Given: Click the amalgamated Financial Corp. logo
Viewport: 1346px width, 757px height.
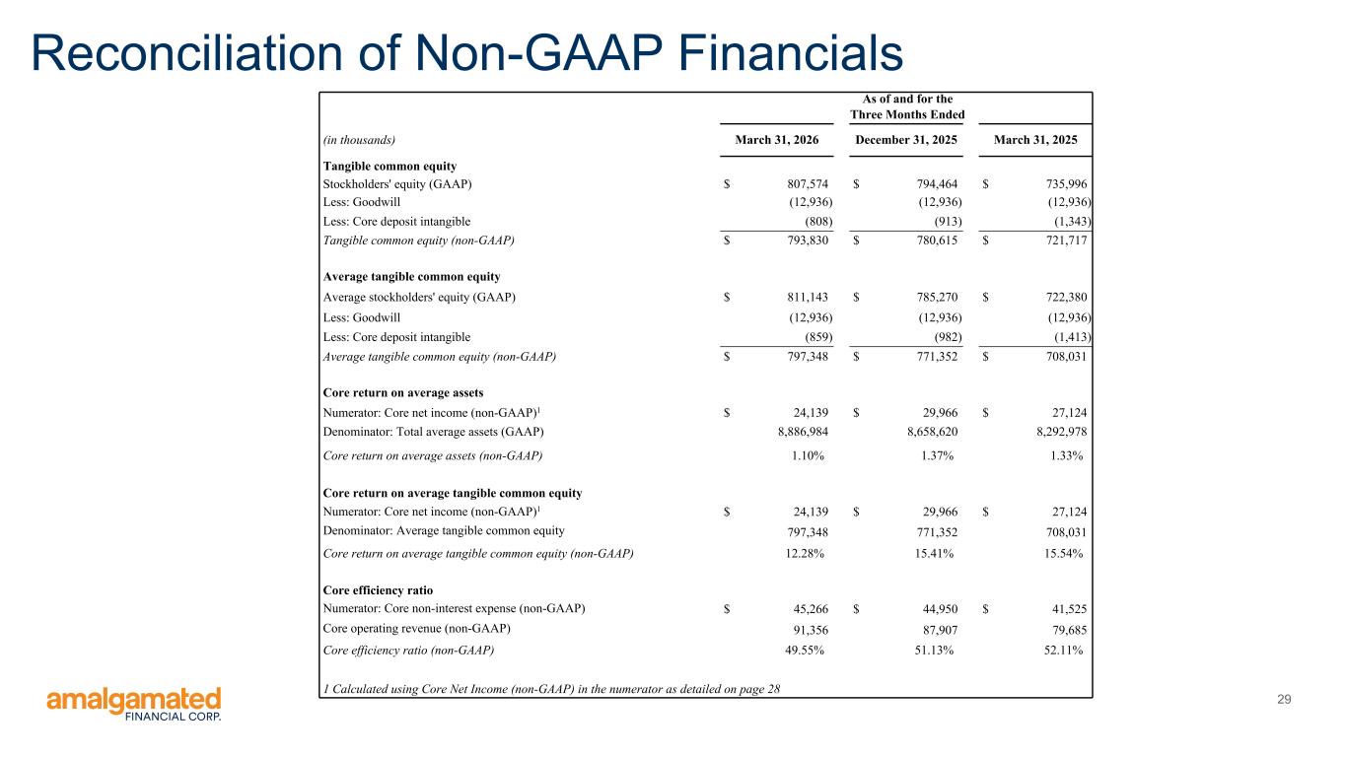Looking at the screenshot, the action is click(134, 704).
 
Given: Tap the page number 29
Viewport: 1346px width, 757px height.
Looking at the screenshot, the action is click(1284, 699).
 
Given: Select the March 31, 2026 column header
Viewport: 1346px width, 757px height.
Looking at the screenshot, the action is click(776, 140).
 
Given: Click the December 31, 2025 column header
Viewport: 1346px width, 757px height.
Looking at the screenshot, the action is click(905, 140).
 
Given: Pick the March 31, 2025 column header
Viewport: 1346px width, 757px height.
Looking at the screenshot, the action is click(1035, 140).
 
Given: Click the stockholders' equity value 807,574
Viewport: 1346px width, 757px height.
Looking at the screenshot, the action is click(808, 184).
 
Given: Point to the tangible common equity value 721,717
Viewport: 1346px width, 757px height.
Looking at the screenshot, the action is click(1067, 241).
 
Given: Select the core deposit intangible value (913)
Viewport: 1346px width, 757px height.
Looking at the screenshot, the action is click(948, 222).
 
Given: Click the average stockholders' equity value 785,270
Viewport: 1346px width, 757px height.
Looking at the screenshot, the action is click(938, 297).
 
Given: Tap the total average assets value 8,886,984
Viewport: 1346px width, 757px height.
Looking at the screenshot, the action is click(803, 432).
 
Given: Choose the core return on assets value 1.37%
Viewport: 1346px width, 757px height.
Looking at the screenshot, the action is click(937, 455).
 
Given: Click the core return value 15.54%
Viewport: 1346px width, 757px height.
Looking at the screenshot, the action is click(1064, 553).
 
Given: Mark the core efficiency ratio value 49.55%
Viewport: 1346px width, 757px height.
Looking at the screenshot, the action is click(805, 651).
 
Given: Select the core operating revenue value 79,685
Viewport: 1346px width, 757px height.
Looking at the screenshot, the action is click(1069, 630).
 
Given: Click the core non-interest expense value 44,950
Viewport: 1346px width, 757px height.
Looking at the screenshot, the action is click(940, 608).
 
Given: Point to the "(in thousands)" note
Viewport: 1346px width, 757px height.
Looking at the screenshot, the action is click(359, 140).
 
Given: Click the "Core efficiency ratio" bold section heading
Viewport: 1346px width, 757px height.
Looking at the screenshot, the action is click(378, 590).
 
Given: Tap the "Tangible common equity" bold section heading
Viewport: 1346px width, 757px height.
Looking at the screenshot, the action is click(390, 166).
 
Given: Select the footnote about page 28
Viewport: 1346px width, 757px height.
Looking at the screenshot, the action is click(551, 689).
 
